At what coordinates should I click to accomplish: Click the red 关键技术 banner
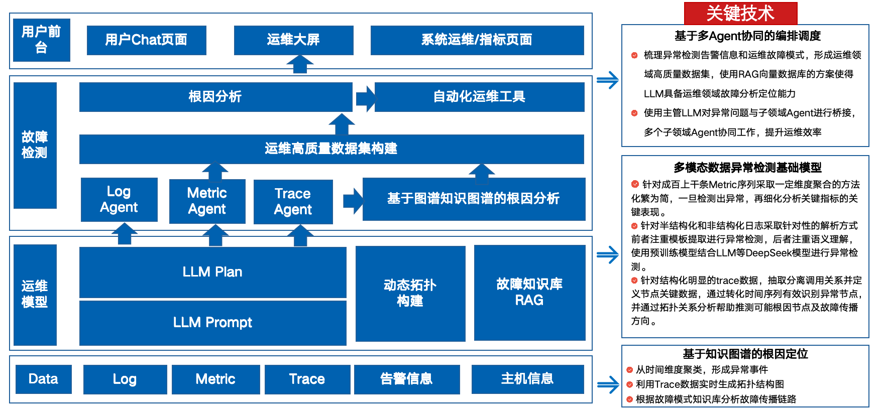[x=740, y=13]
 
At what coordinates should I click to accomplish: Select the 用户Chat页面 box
[x=146, y=40]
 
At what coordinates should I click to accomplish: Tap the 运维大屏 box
[x=293, y=40]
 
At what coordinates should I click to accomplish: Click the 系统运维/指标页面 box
[x=477, y=40]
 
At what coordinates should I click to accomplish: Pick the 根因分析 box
[x=215, y=97]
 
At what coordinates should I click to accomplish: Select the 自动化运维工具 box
[x=479, y=97]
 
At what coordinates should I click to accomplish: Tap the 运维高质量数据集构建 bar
[x=331, y=149]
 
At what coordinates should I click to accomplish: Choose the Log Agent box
[x=119, y=200]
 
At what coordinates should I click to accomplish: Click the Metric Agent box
[x=207, y=201]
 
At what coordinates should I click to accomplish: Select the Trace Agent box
[x=293, y=202]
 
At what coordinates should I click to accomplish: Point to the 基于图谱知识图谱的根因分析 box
[x=473, y=199]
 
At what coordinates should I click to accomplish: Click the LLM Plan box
[x=212, y=272]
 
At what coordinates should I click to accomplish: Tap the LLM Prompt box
[x=212, y=323]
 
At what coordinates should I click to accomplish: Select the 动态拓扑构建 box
[x=410, y=293]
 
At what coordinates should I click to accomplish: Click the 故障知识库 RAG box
[x=529, y=292]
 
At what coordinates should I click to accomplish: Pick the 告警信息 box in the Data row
[x=406, y=379]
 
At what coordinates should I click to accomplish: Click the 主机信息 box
[x=527, y=379]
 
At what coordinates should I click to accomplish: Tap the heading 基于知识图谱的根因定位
[x=745, y=354]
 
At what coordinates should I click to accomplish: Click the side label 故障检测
[x=35, y=145]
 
